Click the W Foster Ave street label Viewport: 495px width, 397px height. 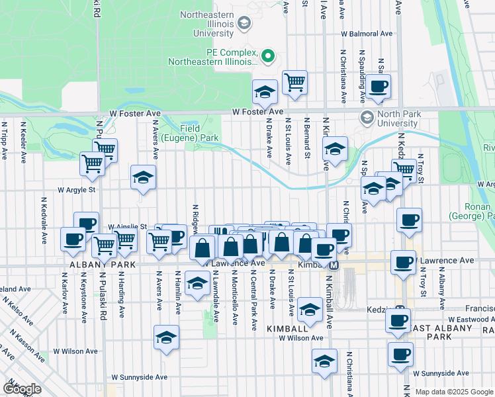(257, 113)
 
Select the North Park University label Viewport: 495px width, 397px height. (398, 118)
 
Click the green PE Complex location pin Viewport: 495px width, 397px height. (268, 56)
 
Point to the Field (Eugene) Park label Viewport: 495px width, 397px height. (199, 133)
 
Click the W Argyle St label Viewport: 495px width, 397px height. (77, 189)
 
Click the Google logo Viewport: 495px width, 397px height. (22, 388)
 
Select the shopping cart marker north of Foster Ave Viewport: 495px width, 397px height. (294, 83)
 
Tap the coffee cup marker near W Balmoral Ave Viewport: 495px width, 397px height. (379, 86)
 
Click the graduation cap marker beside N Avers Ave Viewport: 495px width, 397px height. (142, 177)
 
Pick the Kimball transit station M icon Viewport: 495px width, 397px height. (334, 265)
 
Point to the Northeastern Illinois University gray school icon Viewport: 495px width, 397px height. (244, 24)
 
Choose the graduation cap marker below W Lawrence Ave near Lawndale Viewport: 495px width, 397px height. (196, 283)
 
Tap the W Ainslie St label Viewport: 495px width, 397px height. (128, 226)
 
